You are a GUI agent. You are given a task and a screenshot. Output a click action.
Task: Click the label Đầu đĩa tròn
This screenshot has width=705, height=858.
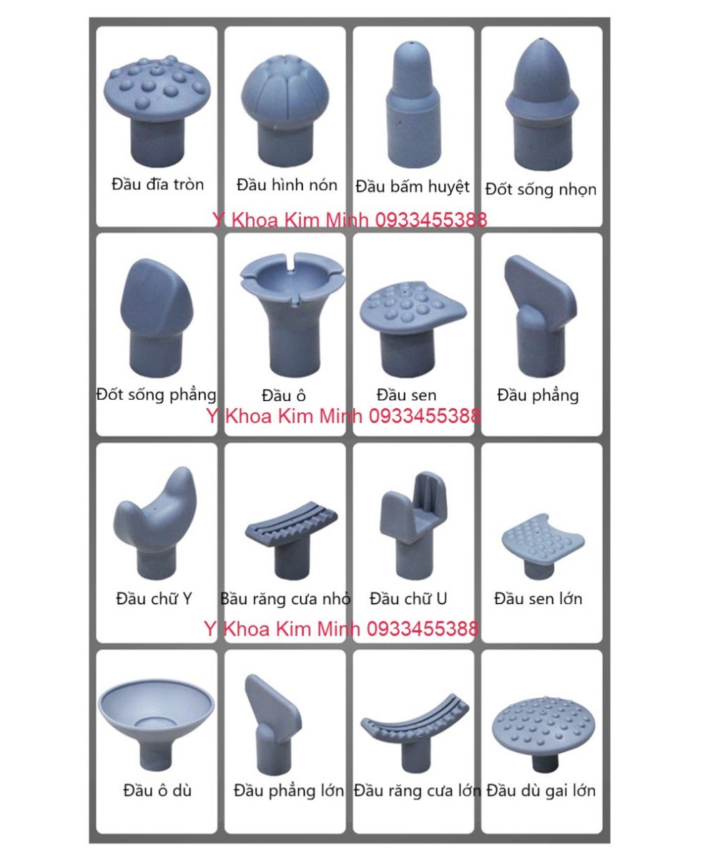[157, 184]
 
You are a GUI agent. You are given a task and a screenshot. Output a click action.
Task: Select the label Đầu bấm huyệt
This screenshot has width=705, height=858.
[413, 187]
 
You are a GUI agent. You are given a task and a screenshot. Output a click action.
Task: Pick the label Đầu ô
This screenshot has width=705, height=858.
[284, 395]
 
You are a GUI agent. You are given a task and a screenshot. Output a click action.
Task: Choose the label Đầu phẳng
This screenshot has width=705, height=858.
[538, 395]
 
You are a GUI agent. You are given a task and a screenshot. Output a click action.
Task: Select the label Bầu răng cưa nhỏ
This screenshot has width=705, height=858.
[285, 598]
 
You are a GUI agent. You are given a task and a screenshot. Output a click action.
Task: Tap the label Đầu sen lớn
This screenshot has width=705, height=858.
[538, 598]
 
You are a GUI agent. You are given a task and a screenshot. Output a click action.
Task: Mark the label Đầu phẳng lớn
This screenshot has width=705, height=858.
[289, 791]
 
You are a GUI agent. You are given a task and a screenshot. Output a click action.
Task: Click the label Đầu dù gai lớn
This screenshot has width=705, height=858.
[541, 791]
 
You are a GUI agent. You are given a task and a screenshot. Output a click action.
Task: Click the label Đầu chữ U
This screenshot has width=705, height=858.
[408, 598]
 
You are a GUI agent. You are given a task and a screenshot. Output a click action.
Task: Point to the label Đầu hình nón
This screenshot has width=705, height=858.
[287, 184]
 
